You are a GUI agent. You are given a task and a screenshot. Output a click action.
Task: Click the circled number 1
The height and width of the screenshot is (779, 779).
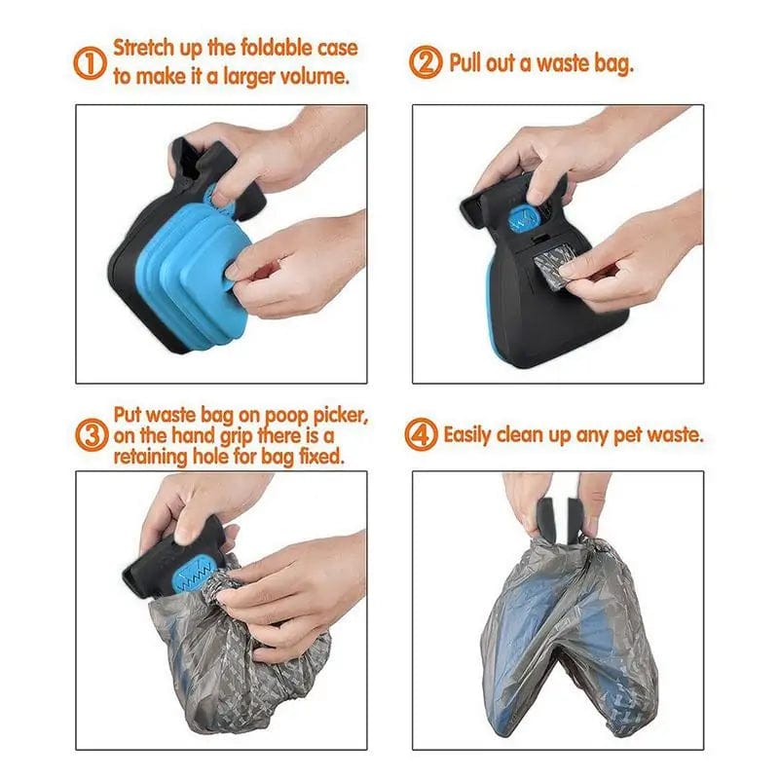pos(89,63)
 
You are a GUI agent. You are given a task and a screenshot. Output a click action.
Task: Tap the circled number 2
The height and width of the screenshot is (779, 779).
pos(426,63)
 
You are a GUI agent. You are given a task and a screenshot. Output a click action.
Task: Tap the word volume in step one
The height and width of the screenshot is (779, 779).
pos(317,76)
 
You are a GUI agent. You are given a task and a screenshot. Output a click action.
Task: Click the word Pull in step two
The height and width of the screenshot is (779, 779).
pos(468,63)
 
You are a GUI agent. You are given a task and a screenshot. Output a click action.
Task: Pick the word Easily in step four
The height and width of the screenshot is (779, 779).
pos(472,434)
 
